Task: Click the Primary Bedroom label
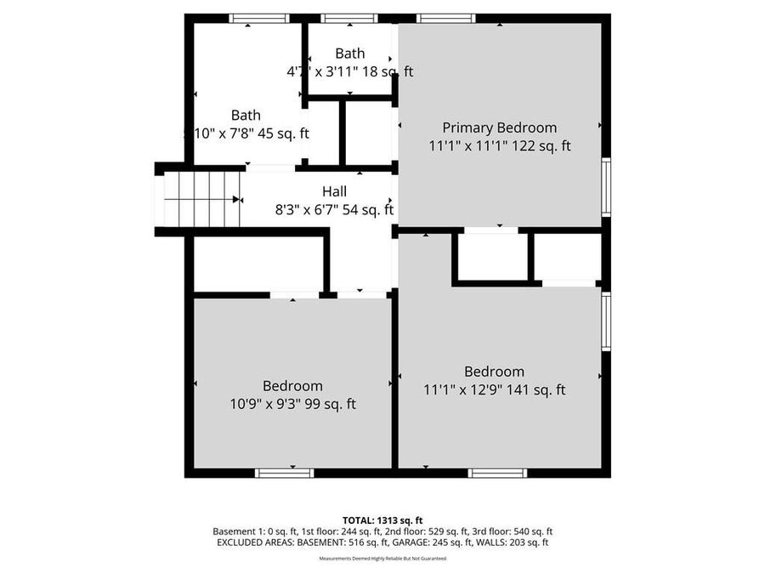499,128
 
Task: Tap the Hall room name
334,191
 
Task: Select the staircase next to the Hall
201,198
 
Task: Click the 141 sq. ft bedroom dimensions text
494,390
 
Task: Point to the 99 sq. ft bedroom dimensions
292,404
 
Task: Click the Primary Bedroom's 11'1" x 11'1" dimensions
499,145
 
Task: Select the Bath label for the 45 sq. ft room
246,115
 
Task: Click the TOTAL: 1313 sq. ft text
382,520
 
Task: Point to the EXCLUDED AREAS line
382,542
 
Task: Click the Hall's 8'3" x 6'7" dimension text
334,209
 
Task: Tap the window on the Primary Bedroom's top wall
445,18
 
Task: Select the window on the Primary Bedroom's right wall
606,187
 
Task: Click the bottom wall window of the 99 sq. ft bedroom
285,473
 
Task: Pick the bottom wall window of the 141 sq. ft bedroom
497,473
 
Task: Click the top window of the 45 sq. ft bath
259,18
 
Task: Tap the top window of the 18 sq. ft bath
349,18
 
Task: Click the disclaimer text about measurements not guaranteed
382,559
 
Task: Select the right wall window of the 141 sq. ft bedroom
606,321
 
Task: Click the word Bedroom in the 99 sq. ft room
292,386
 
